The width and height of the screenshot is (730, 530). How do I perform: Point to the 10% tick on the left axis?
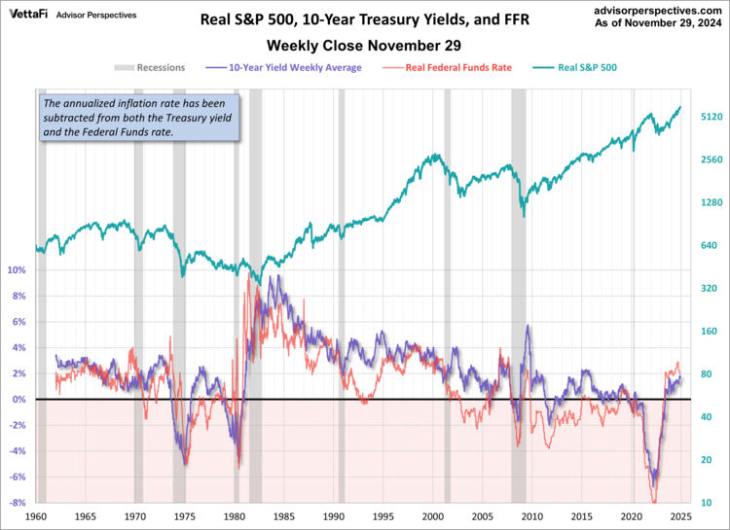click(18, 270)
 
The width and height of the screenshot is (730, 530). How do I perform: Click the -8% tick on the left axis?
click(18, 503)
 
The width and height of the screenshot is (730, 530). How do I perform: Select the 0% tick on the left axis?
click(20, 400)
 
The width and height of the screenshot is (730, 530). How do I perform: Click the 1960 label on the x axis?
click(36, 517)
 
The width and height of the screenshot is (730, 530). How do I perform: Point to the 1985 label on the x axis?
click(283, 517)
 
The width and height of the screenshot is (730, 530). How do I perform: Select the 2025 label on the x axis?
click(680, 517)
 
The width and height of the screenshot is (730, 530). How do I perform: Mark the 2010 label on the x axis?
click(531, 517)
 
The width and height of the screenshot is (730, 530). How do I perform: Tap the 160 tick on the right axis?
click(710, 332)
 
